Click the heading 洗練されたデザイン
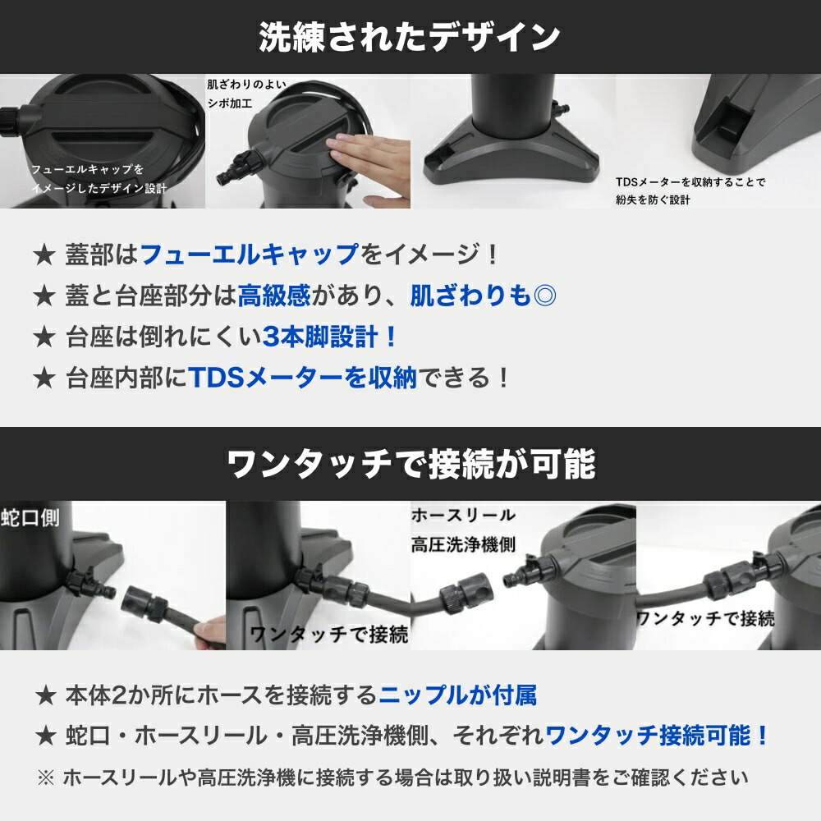(410, 38)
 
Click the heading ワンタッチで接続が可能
(410, 464)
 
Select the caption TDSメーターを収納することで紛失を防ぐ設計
(690, 190)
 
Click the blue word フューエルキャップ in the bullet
(250, 255)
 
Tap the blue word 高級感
(273, 296)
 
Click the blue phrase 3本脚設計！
(331, 337)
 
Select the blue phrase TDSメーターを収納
(303, 378)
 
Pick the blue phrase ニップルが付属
(457, 696)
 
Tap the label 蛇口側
(30, 517)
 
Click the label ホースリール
(463, 516)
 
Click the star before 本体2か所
(46, 696)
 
